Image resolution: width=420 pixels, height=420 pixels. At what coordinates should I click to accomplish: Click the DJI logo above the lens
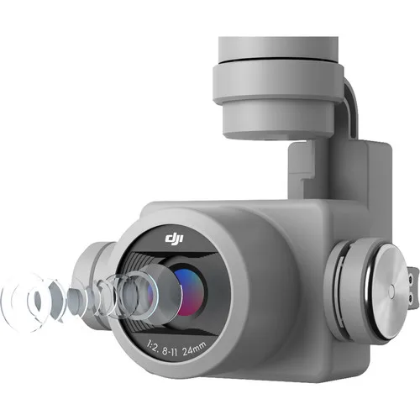point(174,239)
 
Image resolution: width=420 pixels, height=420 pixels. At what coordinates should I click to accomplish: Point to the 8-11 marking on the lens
point(170,352)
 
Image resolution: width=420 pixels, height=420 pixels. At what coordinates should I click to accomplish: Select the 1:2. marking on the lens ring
point(153,348)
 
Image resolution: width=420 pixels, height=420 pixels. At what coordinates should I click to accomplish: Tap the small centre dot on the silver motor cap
point(391,291)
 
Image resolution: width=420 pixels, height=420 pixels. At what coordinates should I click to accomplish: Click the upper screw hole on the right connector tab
point(411,279)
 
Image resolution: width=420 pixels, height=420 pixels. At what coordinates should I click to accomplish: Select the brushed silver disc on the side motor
point(389,292)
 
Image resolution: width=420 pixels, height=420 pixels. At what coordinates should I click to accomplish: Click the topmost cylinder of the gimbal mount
point(278,48)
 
